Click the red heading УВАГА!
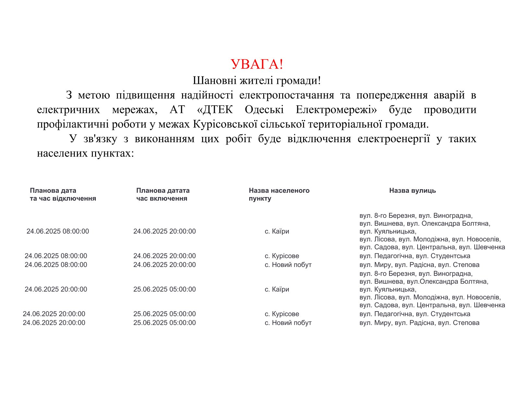257,64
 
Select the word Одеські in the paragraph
264,110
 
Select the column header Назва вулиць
412,191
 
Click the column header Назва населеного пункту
279,194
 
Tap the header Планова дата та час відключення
63,194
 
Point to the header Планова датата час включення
163,194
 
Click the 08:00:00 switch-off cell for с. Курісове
56,256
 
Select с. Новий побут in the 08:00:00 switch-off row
288,265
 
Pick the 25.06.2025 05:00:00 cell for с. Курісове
165,314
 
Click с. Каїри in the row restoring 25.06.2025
277,289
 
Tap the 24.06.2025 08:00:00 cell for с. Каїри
58,231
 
